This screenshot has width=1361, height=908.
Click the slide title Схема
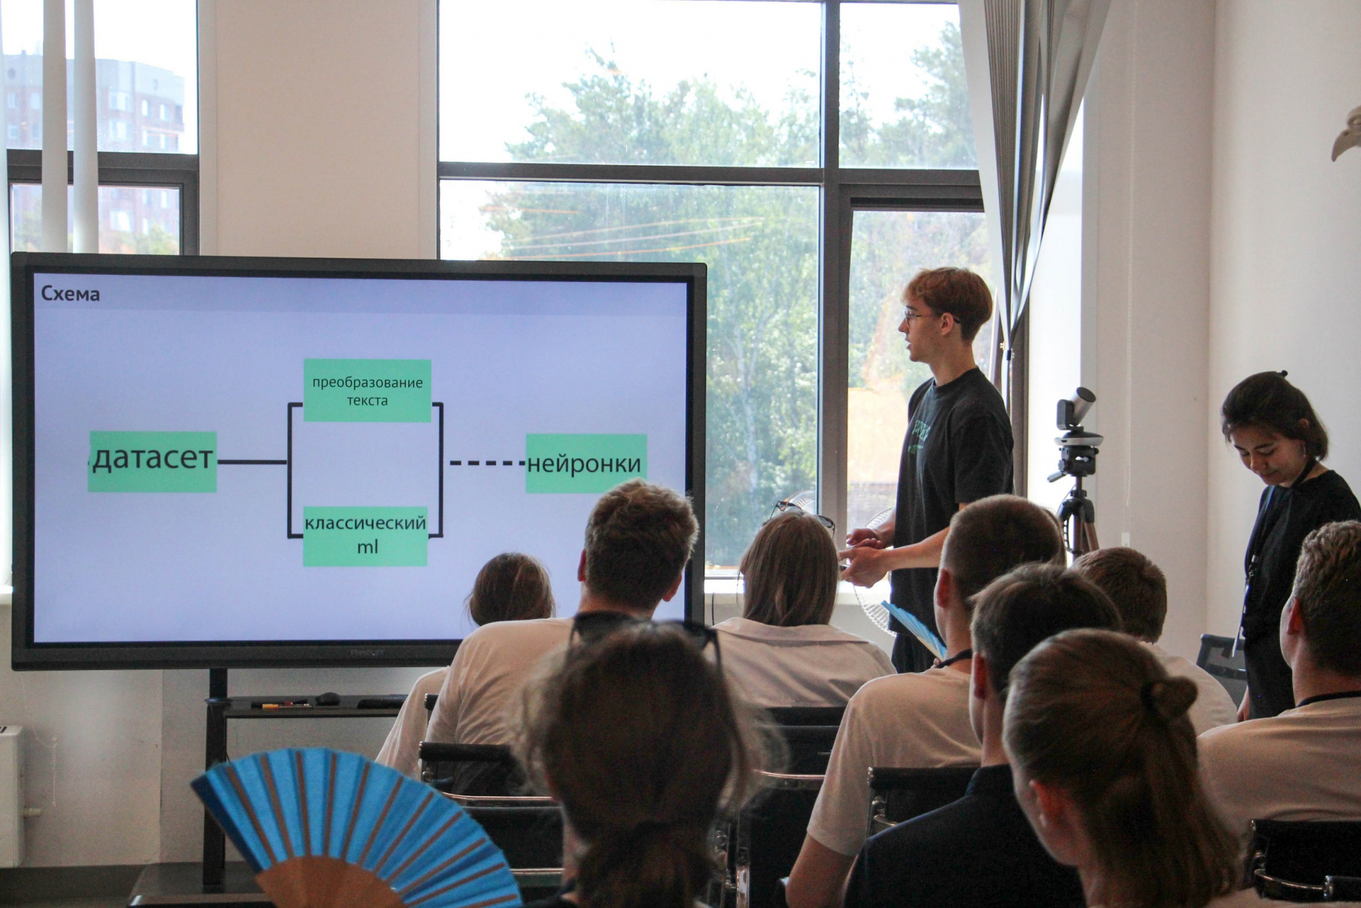(70, 293)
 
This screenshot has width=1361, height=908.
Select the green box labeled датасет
(152, 461)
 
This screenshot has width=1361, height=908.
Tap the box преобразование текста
(367, 391)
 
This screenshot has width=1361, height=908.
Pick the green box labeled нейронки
(586, 464)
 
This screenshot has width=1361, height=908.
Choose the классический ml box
(365, 536)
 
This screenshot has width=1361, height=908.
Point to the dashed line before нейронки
(487, 464)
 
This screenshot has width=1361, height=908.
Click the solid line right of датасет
(252, 462)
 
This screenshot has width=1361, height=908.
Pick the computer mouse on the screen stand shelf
(328, 698)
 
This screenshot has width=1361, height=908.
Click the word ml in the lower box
(367, 547)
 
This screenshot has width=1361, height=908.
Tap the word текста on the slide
(367, 401)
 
